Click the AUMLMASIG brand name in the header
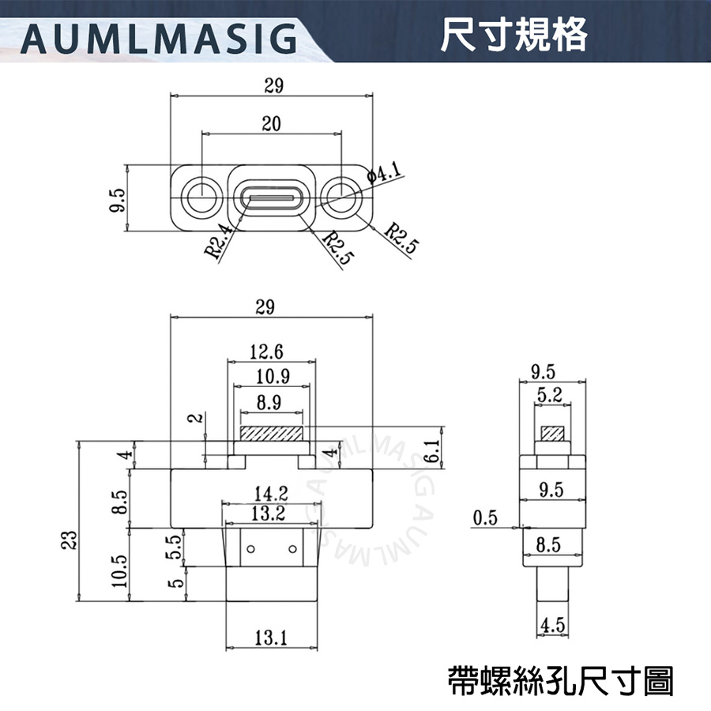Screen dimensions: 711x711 click(158, 36)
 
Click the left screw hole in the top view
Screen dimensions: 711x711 click(202, 195)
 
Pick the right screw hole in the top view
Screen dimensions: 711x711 click(341, 195)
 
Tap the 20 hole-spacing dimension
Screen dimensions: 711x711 click(272, 123)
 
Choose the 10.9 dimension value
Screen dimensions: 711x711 click(269, 378)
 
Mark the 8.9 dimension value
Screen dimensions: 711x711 click(269, 403)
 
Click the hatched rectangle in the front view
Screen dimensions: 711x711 click(272, 434)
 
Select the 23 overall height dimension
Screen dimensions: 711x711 click(70, 540)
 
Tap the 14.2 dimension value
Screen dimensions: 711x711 click(271, 494)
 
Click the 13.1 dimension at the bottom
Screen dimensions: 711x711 click(271, 637)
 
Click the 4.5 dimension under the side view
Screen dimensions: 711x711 click(553, 626)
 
